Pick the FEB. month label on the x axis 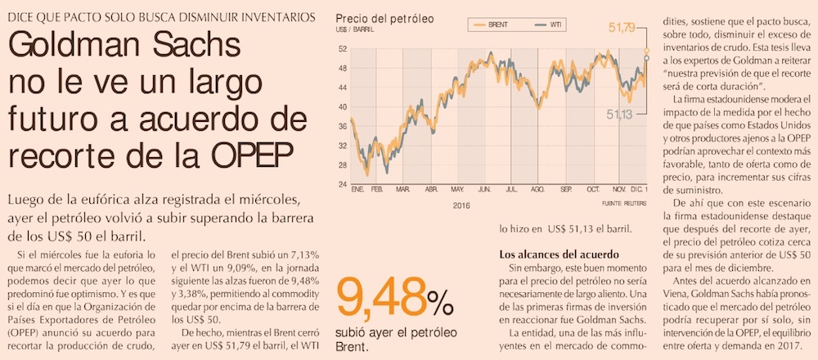pos(377,190)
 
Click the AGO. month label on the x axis pos(537,190)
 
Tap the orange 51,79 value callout pos(623,29)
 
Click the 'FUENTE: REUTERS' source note pos(625,200)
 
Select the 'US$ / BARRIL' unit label pos(354,30)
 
